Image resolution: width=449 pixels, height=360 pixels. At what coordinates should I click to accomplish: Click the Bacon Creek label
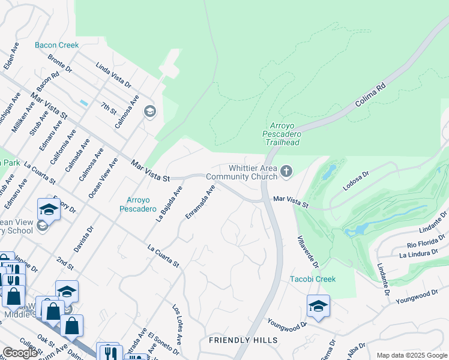[x=56, y=45]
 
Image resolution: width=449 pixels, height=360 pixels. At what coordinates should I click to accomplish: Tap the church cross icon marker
[x=286, y=172]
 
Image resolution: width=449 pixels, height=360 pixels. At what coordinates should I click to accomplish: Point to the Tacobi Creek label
[x=313, y=279]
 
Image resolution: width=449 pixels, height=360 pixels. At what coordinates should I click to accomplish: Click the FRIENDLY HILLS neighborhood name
[x=243, y=340]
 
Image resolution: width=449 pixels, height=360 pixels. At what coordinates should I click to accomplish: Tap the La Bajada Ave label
[x=169, y=204]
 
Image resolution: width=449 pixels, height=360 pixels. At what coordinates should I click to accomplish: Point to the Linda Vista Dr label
[x=113, y=74]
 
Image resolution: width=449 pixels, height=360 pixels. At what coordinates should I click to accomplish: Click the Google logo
[x=20, y=353]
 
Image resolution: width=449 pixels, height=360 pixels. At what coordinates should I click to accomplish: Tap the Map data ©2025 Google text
[x=411, y=355]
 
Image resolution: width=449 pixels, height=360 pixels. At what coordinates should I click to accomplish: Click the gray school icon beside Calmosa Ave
[x=149, y=111]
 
